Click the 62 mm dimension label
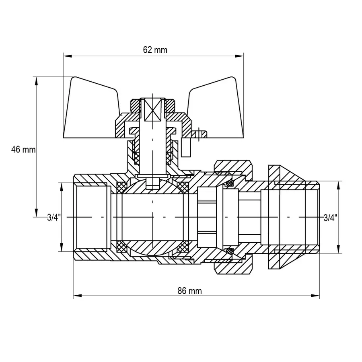[x=155, y=50]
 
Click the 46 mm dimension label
[x=23, y=150]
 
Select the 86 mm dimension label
[x=190, y=291]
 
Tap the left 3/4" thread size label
[x=53, y=218]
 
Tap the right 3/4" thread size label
[x=330, y=218]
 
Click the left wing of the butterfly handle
[x=90, y=109]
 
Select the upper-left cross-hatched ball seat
[x=121, y=187]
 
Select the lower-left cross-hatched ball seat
[x=121, y=246]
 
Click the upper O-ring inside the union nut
[x=229, y=183]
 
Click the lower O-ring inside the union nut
[x=229, y=251]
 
